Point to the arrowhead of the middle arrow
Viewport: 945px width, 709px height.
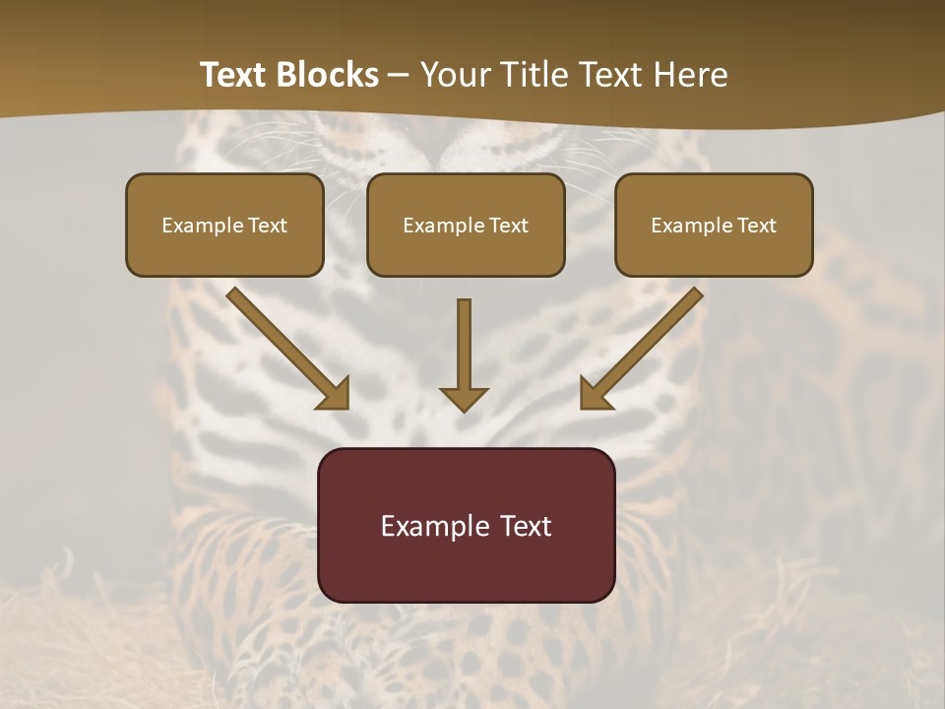(464, 398)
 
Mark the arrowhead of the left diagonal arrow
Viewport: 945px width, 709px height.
(335, 393)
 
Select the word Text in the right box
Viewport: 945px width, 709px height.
(755, 226)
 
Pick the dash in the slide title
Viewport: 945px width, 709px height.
(400, 76)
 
